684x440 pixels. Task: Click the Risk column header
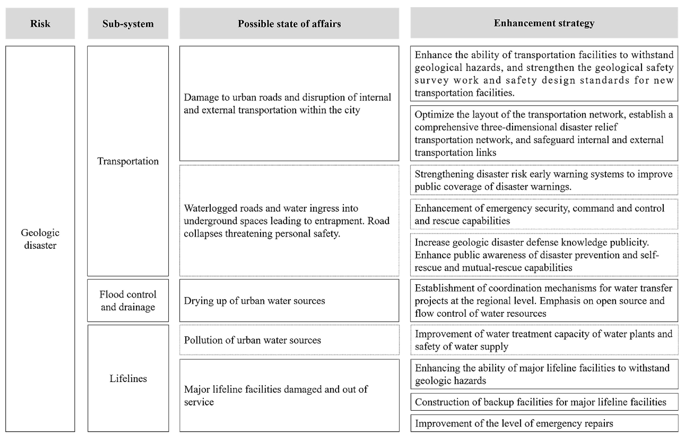point(40,23)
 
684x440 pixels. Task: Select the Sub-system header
point(128,23)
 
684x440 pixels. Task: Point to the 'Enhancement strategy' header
point(544,23)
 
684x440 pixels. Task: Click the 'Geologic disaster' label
point(40,239)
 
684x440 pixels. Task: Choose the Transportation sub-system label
point(128,161)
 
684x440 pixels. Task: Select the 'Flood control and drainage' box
point(128,300)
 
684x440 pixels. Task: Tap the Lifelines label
point(128,378)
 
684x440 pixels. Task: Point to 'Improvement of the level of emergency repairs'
point(514,423)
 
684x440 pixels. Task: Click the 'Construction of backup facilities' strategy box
point(544,402)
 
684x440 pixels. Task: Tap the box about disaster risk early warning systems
point(544,180)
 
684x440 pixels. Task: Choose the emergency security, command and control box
point(544,214)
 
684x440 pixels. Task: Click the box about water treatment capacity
point(544,340)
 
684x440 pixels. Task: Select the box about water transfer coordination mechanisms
point(544,300)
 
